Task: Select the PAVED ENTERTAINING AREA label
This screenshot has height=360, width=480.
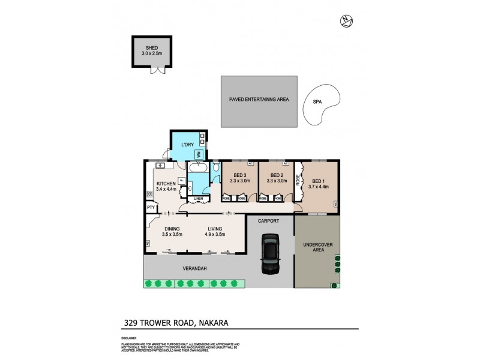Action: tap(259, 100)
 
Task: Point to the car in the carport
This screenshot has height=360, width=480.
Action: tap(270, 254)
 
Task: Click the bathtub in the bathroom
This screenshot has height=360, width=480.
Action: tap(198, 169)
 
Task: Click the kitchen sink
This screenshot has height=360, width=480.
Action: tap(160, 166)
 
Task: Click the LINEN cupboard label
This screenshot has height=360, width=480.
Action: tap(198, 199)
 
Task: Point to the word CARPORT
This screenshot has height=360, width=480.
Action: tap(269, 221)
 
